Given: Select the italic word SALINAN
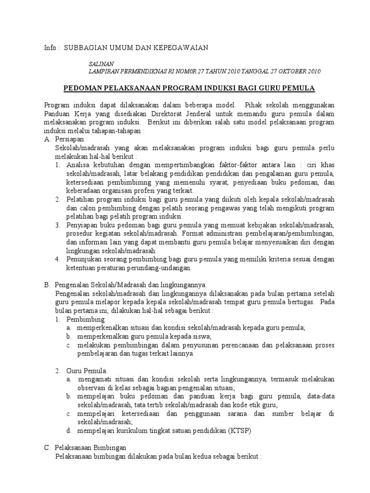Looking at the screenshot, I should coord(102,64).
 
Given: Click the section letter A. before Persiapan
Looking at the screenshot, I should coord(47,139).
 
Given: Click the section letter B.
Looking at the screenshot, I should coord(47,285).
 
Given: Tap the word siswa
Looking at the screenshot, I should coord(200,336).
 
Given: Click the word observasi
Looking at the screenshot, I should coord(91,388).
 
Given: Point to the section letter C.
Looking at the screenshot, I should coord(47,447).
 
